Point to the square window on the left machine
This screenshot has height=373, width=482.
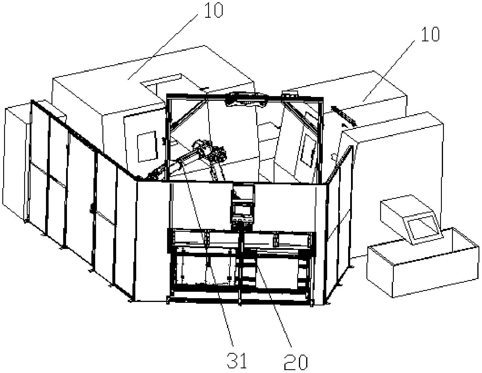[x=147, y=146]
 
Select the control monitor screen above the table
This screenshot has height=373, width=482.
[x=242, y=210]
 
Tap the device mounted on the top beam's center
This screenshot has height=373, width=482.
[x=246, y=99]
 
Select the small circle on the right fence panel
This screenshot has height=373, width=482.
[x=334, y=157]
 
